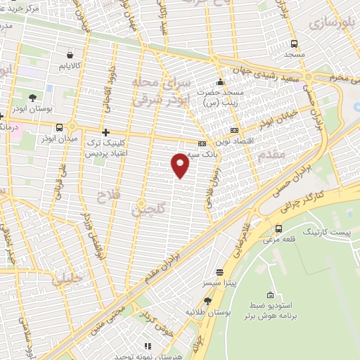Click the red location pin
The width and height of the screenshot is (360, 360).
[x=180, y=165]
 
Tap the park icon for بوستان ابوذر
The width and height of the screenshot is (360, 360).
[x=33, y=97]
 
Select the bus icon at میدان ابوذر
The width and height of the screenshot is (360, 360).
[x=60, y=127]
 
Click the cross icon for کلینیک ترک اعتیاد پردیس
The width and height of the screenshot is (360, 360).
[x=105, y=131]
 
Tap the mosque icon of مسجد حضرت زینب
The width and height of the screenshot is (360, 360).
[x=221, y=82]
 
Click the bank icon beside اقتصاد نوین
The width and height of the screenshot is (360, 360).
[x=234, y=130]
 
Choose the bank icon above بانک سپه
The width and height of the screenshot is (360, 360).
[x=201, y=143]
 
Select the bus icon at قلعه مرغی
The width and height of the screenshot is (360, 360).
[x=280, y=229]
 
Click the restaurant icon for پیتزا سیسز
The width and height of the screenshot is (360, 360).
[x=220, y=271]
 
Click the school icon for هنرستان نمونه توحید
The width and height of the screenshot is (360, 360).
[x=148, y=346]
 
